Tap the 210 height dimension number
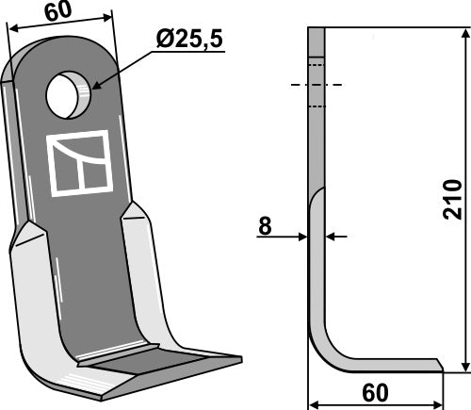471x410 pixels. pyautogui.click(x=452, y=200)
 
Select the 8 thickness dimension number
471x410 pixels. pyautogui.click(x=266, y=227)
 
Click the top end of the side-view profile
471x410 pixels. pyautogui.click(x=316, y=30)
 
